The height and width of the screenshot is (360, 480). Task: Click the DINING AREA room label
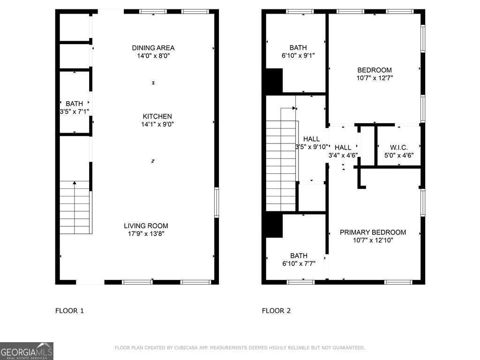pos(153,48)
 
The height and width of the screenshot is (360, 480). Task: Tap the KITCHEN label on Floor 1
pos(157,116)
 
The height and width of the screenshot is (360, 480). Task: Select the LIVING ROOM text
pos(146,225)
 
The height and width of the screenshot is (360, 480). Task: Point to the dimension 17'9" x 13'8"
pos(146,233)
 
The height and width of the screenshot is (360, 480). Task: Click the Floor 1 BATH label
pos(74,104)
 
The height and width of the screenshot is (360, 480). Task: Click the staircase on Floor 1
pos(75,207)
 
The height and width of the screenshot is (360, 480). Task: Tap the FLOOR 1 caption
pos(69,310)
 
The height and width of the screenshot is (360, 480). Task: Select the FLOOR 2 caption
pos(276,310)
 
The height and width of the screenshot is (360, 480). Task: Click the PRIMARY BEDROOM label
pos(373,232)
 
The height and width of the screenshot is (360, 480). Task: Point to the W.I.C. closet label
pos(399,147)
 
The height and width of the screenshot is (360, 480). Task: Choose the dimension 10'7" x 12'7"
pos(375,78)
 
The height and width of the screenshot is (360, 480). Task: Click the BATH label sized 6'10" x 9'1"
pos(298,47)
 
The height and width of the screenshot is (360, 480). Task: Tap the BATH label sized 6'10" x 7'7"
pos(299,255)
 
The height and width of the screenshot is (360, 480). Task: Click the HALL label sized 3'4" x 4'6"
pos(343,148)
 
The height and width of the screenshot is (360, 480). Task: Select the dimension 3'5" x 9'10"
pos(312,147)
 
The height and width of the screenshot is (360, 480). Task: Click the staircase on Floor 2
pos(281,165)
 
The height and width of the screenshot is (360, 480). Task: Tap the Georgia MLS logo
pos(27,351)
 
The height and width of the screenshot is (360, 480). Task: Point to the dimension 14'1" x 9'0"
pos(157,124)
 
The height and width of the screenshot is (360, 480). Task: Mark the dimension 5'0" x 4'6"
pos(399,155)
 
